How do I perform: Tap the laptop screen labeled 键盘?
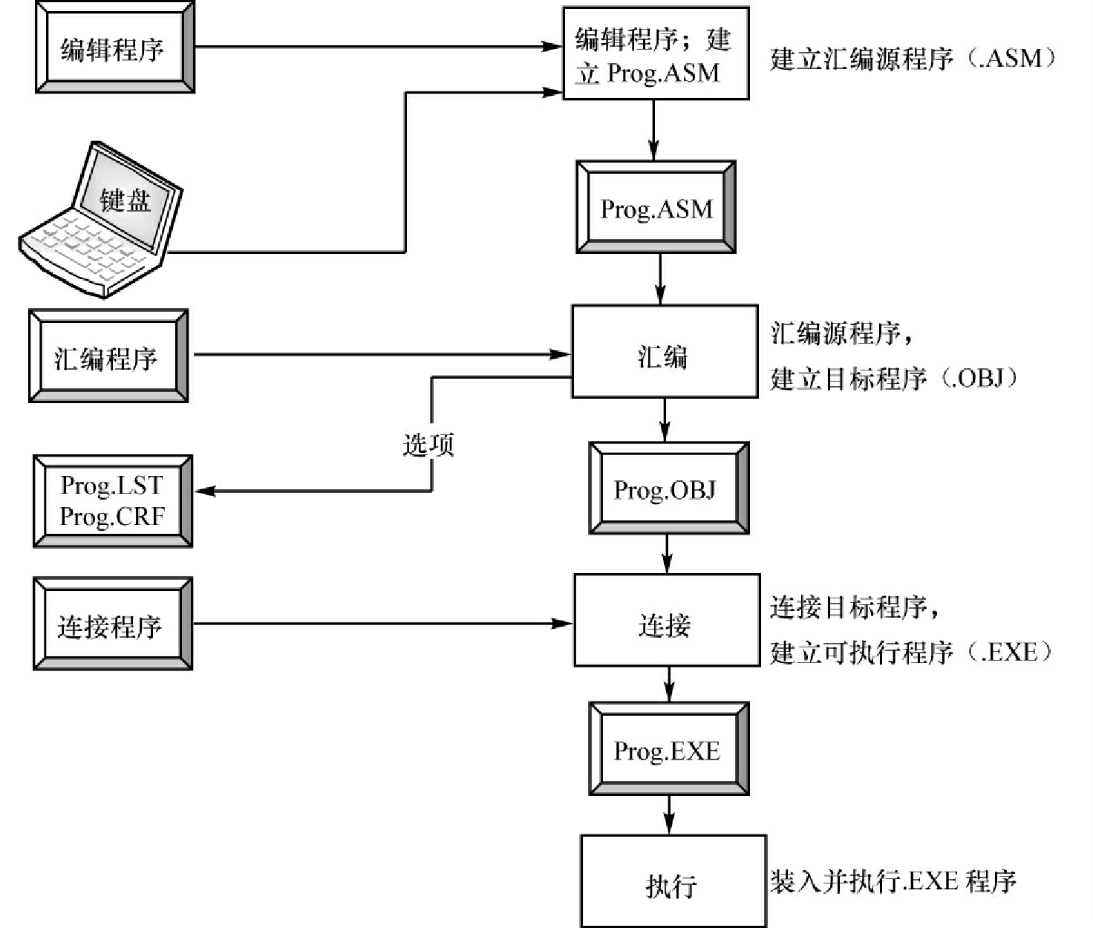pyautogui.click(x=126, y=199)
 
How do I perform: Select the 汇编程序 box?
pyautogui.click(x=108, y=357)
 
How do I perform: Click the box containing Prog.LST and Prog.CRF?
pyautogui.click(x=113, y=501)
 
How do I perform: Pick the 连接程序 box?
pyautogui.click(x=113, y=624)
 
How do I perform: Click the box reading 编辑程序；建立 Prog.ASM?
pyautogui.click(x=655, y=54)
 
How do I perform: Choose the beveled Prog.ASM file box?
pyautogui.click(x=656, y=207)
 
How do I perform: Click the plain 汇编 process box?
pyautogui.click(x=664, y=352)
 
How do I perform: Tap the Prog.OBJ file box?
pyautogui.click(x=668, y=488)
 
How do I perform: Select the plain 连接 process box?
pyautogui.click(x=666, y=620)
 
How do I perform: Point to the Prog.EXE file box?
pyautogui.click(x=668, y=749)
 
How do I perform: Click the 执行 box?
pyautogui.click(x=673, y=881)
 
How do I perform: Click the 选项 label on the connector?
pyautogui.click(x=428, y=445)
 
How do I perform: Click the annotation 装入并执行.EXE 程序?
pyautogui.click(x=893, y=881)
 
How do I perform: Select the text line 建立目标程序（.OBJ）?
pyautogui.click(x=894, y=379)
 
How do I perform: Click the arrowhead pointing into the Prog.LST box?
pyautogui.click(x=204, y=491)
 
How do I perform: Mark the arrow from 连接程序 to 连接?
pyautogui.click(x=382, y=624)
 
